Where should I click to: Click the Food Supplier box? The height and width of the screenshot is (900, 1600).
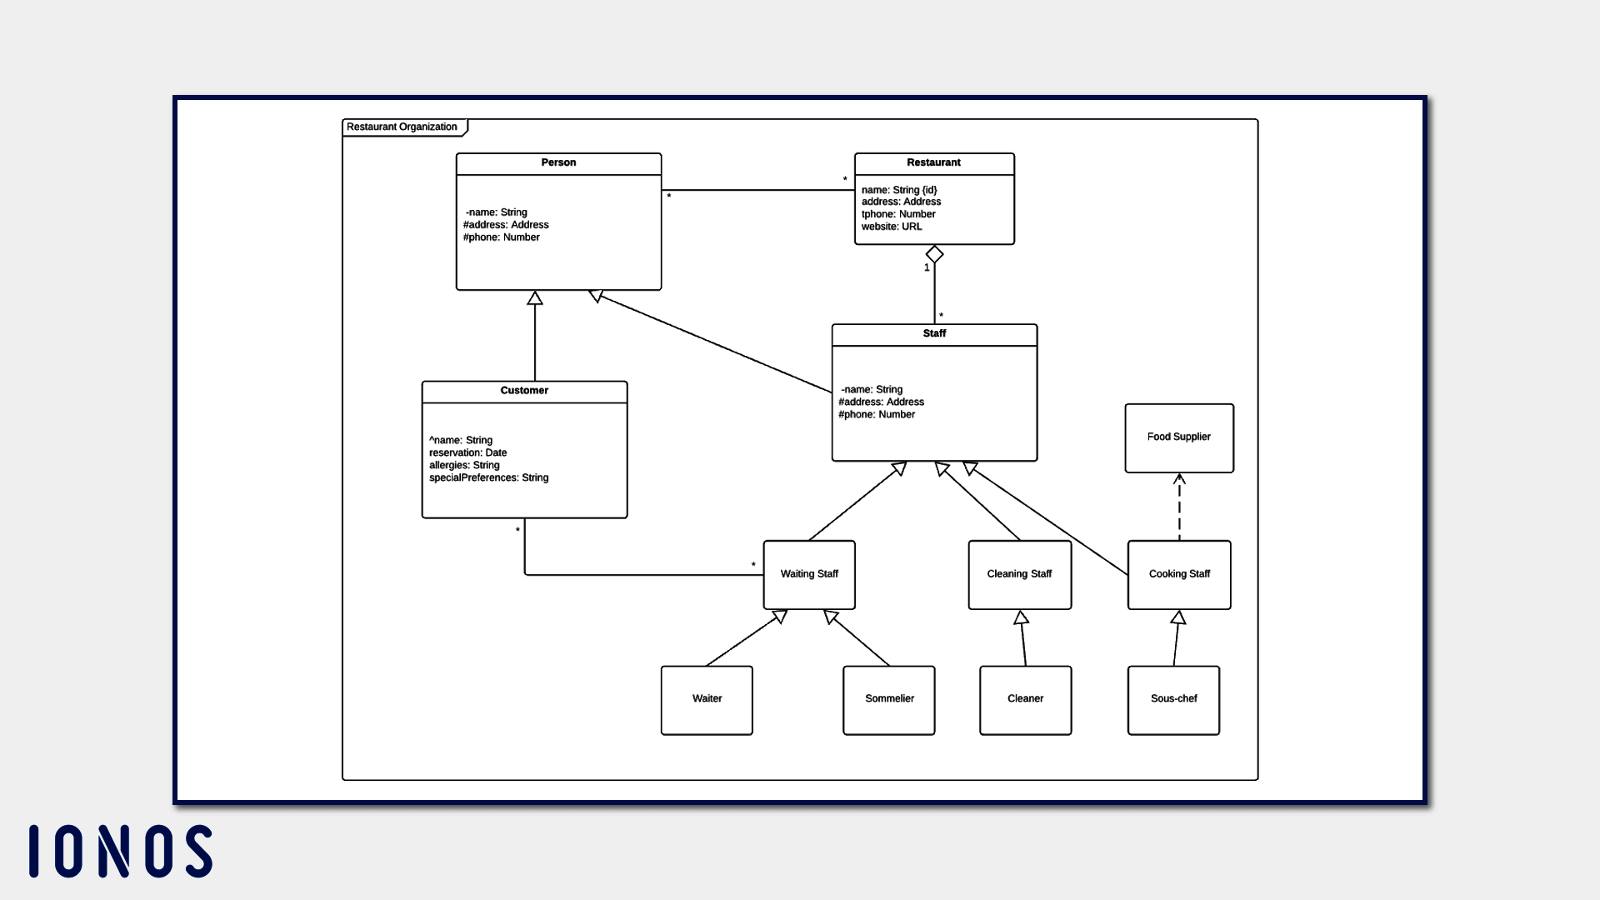tap(1178, 437)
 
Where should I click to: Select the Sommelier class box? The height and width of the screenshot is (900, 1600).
tap(888, 699)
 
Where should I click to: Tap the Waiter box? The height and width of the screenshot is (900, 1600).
tap(707, 699)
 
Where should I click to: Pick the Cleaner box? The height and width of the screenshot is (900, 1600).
tap(1025, 699)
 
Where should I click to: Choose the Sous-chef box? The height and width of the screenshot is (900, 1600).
tap(1173, 699)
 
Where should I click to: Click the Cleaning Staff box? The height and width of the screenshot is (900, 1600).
tap(1019, 574)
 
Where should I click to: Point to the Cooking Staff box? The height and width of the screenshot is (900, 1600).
tap(1178, 574)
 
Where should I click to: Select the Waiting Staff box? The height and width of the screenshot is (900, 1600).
tap(808, 574)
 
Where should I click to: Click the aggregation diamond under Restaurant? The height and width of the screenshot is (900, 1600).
tap(934, 254)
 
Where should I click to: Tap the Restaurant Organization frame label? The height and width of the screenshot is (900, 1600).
tap(402, 127)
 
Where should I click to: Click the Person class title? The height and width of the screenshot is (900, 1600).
tap(558, 162)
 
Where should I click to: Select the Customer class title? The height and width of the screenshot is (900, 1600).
tap(524, 391)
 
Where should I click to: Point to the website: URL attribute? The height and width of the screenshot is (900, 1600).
tap(892, 227)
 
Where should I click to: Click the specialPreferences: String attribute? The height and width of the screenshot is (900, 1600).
tap(488, 478)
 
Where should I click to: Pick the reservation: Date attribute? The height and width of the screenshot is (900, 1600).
tap(467, 453)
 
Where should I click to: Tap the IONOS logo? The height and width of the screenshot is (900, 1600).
tap(121, 851)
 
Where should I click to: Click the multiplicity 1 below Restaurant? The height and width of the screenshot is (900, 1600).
tap(927, 268)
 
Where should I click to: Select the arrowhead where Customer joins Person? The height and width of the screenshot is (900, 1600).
tap(535, 298)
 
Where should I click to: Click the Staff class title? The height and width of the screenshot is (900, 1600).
tap(934, 333)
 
